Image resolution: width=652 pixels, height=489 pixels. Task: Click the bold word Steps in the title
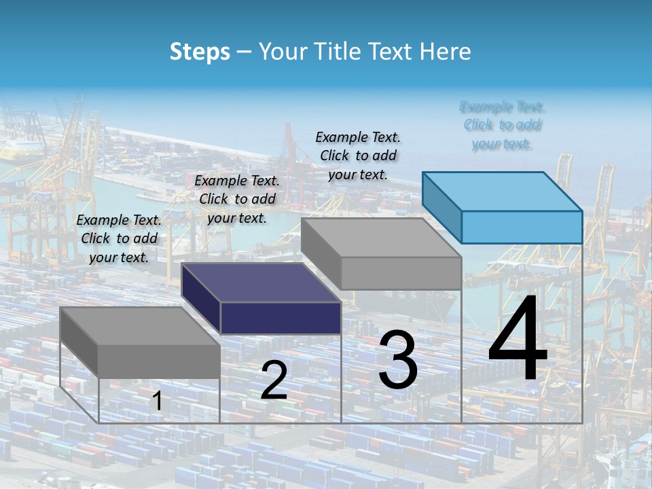tap(200, 52)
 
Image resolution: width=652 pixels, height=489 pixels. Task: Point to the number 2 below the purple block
tap(274, 380)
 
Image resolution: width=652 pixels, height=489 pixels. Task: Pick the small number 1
tap(157, 401)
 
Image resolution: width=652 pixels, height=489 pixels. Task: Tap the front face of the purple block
tap(280, 318)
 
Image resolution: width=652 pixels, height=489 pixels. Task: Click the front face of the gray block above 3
tap(401, 274)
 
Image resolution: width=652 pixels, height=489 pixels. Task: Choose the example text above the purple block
tap(237, 200)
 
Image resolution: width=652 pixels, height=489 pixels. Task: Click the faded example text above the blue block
tap(503, 125)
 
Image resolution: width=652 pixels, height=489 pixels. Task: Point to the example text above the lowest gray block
tap(119, 239)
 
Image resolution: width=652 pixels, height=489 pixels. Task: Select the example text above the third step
tap(358, 156)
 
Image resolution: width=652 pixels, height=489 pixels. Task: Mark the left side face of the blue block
tap(442, 208)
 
